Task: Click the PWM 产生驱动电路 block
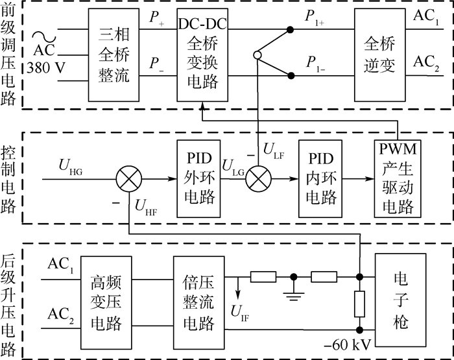coord(399,177)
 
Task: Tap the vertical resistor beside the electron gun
coord(360,303)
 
